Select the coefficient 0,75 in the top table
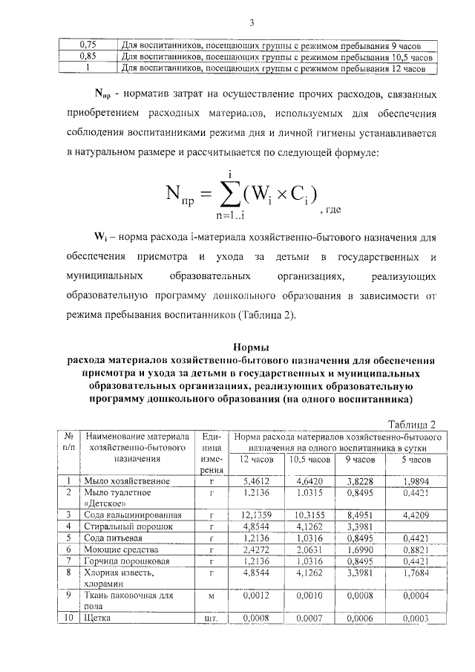coord(88,45)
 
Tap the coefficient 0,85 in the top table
coord(88,56)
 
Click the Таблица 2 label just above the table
coord(411,423)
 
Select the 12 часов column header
coord(256,460)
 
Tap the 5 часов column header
coord(410,460)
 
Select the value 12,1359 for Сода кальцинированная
coord(255,515)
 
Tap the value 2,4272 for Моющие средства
coord(255,549)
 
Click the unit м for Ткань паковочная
coord(212,596)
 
